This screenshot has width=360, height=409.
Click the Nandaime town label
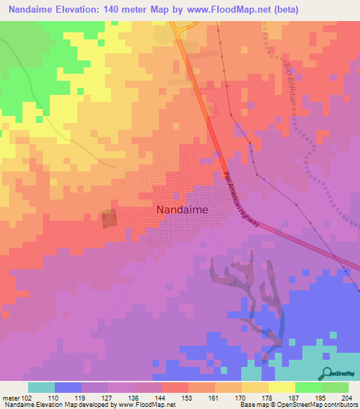[x=181, y=209]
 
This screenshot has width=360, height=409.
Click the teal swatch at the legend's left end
[x=41, y=387]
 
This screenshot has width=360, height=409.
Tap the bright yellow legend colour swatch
[x=281, y=387]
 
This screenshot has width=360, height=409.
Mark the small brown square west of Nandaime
[x=110, y=219]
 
